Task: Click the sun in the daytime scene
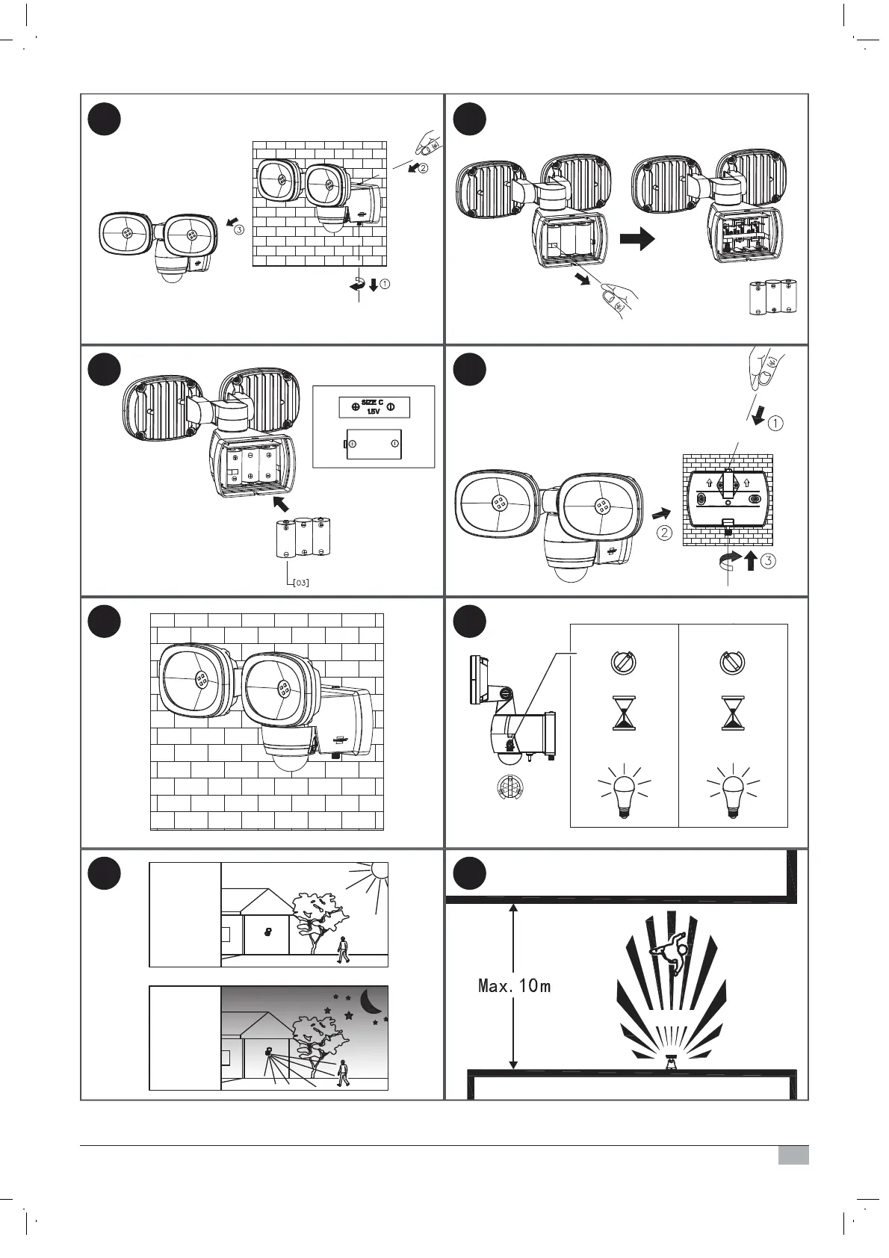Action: click(379, 870)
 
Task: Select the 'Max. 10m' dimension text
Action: click(514, 986)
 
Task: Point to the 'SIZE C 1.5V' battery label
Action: click(373, 407)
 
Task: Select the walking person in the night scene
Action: click(342, 1073)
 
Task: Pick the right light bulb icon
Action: click(733, 792)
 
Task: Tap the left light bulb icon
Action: click(624, 792)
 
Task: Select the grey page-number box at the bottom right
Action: click(793, 1156)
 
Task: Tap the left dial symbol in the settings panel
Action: click(624, 662)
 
